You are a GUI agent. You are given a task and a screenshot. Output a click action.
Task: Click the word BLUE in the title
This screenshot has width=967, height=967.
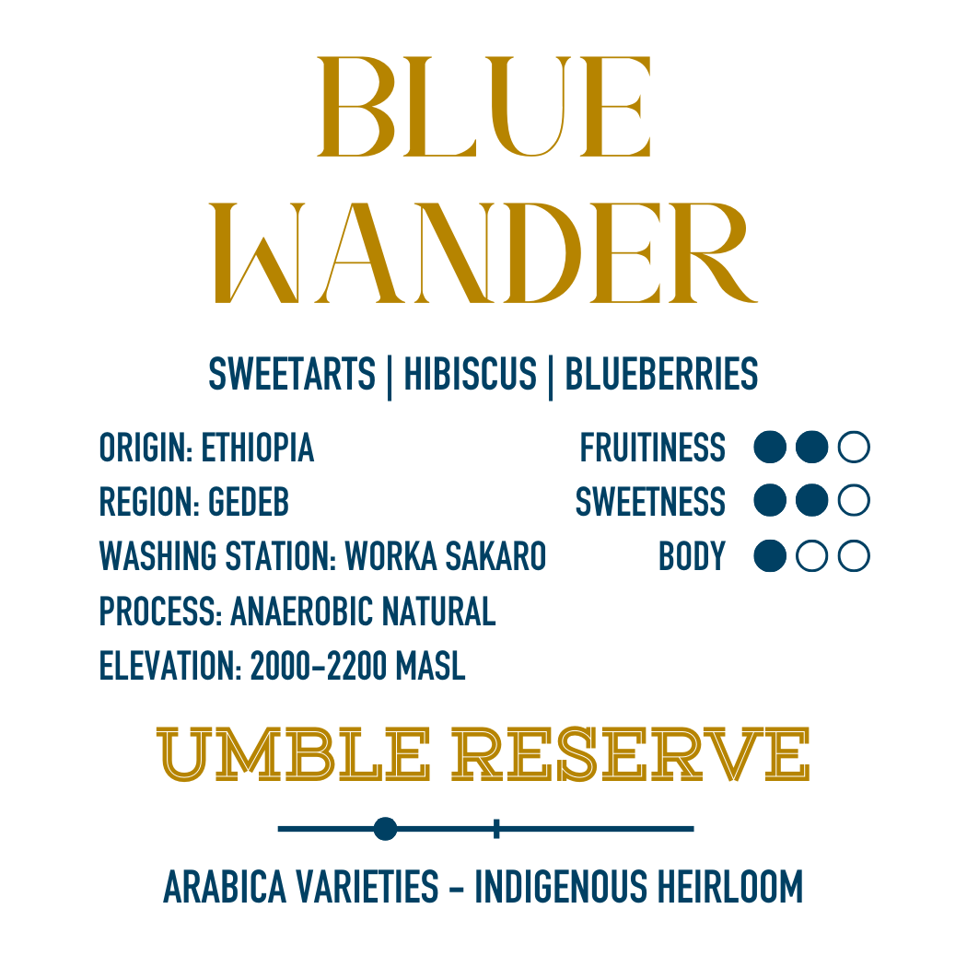[x=484, y=107]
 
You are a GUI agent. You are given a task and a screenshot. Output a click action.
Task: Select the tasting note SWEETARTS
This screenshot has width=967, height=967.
[x=292, y=375]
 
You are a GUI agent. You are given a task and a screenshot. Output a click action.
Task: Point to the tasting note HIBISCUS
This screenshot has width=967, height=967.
[x=470, y=375]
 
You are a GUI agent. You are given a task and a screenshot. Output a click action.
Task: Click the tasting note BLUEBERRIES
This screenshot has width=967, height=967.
[x=661, y=375]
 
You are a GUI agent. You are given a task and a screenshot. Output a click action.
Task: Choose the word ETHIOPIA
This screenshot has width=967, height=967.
[x=258, y=449]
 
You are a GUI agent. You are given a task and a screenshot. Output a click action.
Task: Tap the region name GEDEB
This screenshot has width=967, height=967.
[x=249, y=503]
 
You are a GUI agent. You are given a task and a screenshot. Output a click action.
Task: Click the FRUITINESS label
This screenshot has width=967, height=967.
[x=652, y=449]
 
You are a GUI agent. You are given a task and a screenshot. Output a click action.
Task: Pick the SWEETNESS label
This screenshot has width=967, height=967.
[x=650, y=503]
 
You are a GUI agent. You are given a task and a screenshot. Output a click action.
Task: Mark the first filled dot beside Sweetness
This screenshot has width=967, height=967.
[x=769, y=502]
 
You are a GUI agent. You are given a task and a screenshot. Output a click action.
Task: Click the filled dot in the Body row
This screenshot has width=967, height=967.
[x=769, y=556]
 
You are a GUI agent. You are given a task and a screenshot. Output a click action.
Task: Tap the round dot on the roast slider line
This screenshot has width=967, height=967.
[x=386, y=829]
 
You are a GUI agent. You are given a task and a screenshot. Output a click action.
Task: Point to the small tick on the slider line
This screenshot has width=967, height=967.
[x=496, y=829]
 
